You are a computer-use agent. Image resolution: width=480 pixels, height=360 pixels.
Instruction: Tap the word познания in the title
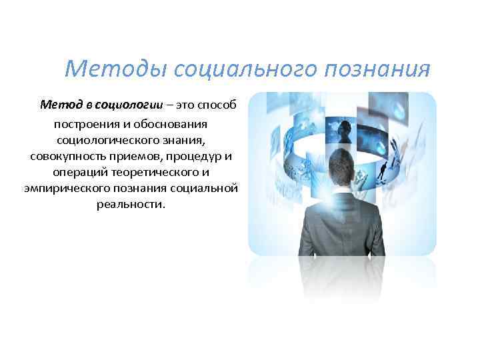377,68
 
